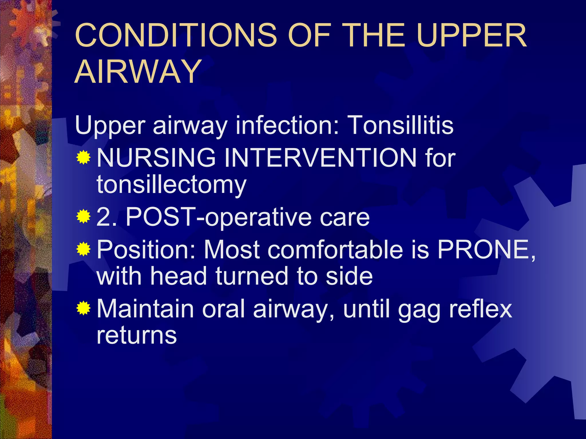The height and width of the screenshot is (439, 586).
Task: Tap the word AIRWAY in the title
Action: click(x=138, y=71)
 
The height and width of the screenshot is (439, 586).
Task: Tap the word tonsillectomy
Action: click(x=171, y=184)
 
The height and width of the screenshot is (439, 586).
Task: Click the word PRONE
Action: click(x=484, y=250)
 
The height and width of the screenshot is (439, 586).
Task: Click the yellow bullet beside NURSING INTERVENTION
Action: click(x=83, y=157)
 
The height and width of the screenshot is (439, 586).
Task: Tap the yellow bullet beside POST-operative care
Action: click(x=83, y=217)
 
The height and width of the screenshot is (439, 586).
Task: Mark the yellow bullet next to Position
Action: click(x=83, y=249)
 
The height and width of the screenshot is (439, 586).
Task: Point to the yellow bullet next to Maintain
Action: click(x=83, y=308)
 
